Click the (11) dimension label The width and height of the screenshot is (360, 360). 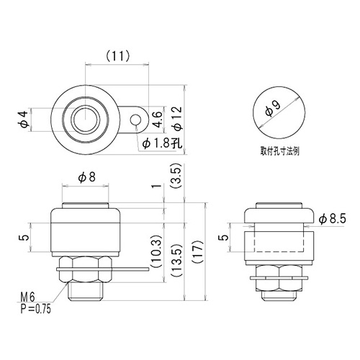[x=118, y=56]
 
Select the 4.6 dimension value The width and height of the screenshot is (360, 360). [x=157, y=120]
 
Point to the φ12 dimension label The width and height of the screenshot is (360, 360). [x=178, y=118]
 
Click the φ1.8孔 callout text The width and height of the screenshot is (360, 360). [x=163, y=143]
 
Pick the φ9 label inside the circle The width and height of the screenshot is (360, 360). [x=273, y=108]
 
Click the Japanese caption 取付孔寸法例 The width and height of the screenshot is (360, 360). [x=280, y=151]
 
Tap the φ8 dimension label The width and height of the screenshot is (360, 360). [x=86, y=177]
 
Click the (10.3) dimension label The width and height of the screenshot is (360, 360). [x=157, y=251]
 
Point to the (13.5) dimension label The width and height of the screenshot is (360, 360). [x=177, y=261]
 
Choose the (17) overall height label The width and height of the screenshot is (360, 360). [x=199, y=252]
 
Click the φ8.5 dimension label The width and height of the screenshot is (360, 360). [x=333, y=219]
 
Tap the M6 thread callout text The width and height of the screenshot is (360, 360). [x=27, y=297]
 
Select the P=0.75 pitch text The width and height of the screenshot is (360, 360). [x=36, y=309]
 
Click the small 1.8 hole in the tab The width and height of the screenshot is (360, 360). [x=135, y=120]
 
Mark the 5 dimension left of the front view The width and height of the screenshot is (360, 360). [x=24, y=237]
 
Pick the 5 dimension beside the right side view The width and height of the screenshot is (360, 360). [x=224, y=237]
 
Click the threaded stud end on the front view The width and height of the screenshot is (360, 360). [x=86, y=292]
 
